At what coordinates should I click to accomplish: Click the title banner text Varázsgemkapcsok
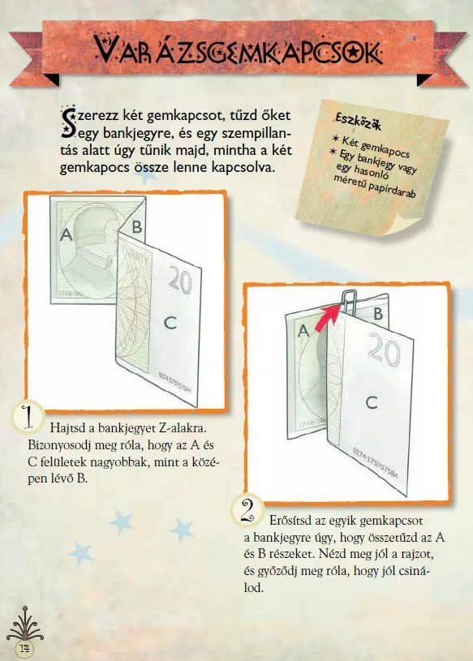(239, 49)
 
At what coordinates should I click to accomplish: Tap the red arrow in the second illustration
(330, 314)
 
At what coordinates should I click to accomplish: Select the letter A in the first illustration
(67, 234)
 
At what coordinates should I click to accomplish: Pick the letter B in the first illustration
(137, 227)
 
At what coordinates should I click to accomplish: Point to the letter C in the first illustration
(170, 324)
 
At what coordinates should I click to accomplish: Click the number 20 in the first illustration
(180, 280)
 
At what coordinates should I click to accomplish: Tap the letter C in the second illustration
(372, 402)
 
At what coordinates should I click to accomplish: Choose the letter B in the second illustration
(378, 314)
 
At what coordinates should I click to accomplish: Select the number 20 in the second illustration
(384, 349)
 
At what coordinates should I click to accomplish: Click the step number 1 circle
(28, 417)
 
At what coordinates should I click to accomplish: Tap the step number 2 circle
(247, 510)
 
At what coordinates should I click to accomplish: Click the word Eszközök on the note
(359, 122)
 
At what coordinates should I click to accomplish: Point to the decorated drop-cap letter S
(68, 122)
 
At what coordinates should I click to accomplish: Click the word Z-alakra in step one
(183, 428)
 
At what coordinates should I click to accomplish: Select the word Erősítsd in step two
(292, 520)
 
